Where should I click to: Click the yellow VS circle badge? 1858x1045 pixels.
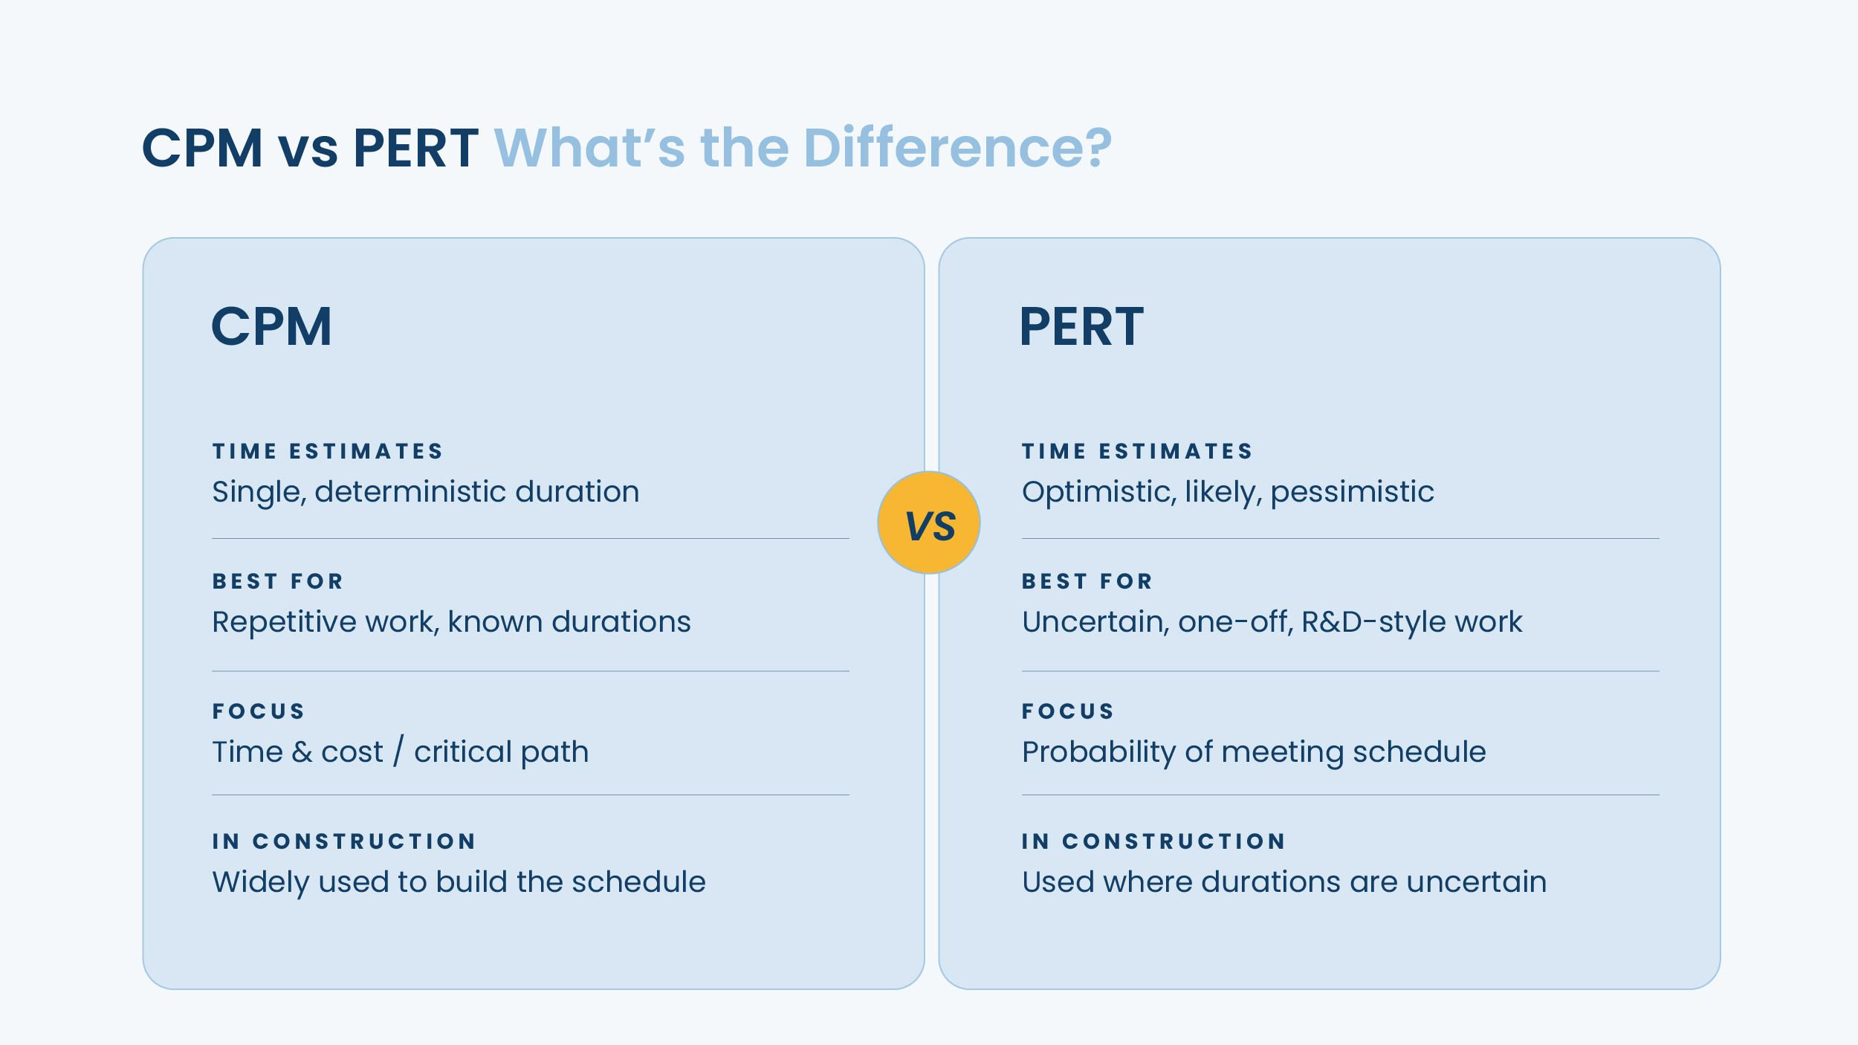929,522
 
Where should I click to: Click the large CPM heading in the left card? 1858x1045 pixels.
271,326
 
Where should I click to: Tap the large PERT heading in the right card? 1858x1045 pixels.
1081,326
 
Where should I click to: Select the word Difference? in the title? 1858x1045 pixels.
958,147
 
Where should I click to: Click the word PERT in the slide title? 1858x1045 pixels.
416,147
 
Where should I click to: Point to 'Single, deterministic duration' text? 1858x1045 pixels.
426,492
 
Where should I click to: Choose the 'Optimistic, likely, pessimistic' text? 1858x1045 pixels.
1228,492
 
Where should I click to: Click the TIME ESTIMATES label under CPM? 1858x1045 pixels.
328,451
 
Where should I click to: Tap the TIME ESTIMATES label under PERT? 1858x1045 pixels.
1137,451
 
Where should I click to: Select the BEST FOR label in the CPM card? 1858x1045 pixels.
278,581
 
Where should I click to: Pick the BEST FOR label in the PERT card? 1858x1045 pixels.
1087,581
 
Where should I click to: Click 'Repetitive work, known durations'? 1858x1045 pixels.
452,622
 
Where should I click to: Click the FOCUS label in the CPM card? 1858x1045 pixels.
259,711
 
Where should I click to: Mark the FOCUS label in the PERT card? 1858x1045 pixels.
1068,711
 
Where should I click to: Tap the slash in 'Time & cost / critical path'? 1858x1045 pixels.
399,751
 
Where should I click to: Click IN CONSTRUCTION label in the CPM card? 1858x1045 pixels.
344,841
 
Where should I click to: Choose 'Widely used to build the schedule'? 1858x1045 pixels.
459,882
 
